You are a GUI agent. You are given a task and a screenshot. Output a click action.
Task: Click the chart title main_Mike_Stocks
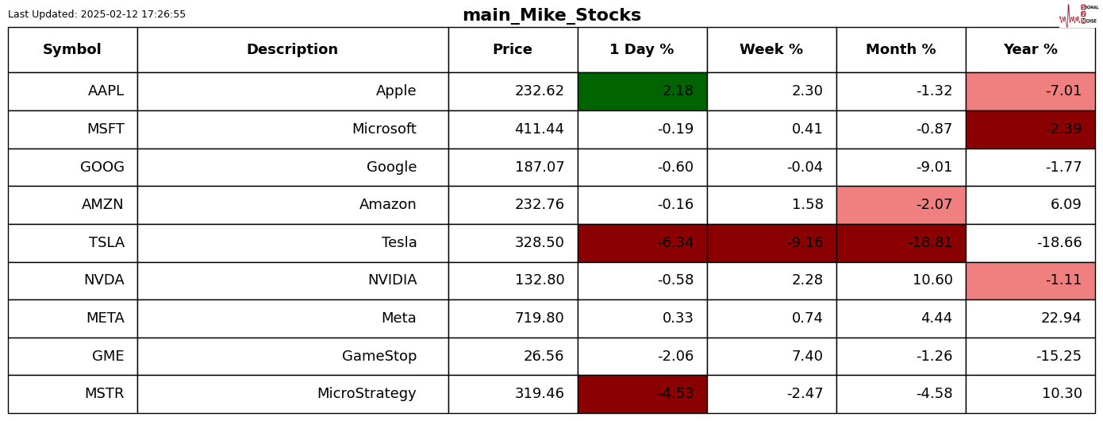551,15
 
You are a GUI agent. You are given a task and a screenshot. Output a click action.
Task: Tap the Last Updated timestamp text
97,14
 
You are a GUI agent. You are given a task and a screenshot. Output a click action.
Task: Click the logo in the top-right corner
1078,15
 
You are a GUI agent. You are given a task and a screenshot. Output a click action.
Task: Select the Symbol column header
72,50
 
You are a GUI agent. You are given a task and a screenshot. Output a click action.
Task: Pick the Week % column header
771,50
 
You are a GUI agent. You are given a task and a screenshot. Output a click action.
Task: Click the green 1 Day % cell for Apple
642,91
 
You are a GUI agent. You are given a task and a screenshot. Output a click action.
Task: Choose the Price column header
513,50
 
